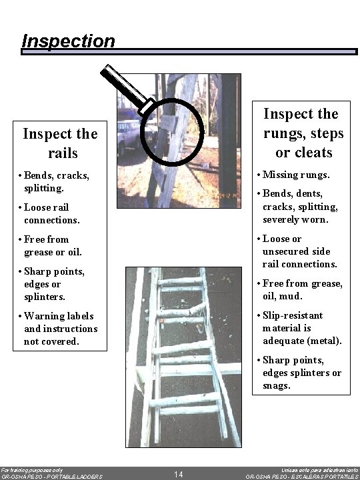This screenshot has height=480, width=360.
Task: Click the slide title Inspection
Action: pos(68,41)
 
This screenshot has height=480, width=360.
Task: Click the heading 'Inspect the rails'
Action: pos(60,143)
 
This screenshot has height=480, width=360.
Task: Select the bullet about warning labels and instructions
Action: pos(60,328)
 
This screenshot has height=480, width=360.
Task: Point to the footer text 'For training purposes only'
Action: pos(33,469)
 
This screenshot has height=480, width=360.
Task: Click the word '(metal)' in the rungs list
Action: pos(323,341)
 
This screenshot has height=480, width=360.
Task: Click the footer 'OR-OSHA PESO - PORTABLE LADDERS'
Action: pos(51,477)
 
